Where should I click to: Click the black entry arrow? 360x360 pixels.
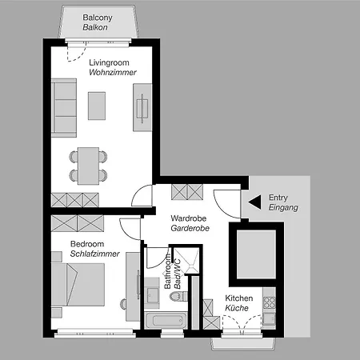(x=255, y=202)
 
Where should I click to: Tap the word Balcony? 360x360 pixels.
(x=98, y=18)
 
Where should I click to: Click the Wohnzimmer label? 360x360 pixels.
(x=113, y=72)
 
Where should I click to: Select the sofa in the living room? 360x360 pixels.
(x=64, y=108)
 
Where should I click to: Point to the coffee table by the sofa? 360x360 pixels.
(x=97, y=106)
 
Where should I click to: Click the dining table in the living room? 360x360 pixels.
(x=88, y=166)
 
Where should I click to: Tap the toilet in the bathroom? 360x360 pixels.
(x=179, y=297)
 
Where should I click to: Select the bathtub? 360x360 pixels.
(x=166, y=321)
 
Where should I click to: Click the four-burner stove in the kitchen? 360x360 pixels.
(x=269, y=302)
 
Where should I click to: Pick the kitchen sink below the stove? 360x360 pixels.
(x=269, y=318)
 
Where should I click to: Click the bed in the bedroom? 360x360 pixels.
(x=78, y=285)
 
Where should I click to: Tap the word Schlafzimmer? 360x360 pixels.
(x=95, y=254)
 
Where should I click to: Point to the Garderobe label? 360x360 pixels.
(x=190, y=228)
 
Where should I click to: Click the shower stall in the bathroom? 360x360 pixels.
(x=186, y=261)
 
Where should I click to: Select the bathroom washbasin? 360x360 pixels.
(x=152, y=294)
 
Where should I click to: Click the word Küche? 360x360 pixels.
(x=237, y=308)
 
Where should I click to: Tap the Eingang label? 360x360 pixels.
(x=283, y=207)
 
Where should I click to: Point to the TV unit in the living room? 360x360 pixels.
(x=142, y=107)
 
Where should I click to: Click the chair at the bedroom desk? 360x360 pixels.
(x=123, y=304)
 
